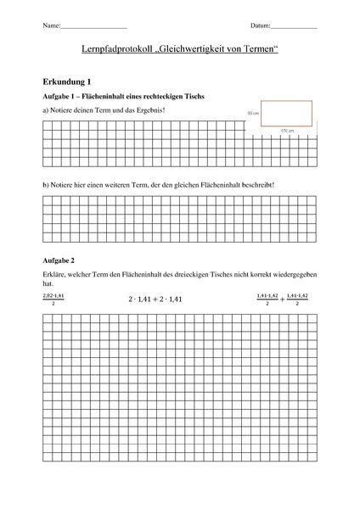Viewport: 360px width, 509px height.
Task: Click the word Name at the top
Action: pos(49,27)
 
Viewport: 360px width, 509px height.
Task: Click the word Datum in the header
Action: pos(261,27)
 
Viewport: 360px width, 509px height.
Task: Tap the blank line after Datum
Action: pos(294,29)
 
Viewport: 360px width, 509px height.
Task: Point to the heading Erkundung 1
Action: pos(66,82)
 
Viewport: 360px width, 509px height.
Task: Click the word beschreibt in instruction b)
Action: pos(256,184)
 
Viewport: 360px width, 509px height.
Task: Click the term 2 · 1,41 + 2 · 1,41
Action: pos(155,299)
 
